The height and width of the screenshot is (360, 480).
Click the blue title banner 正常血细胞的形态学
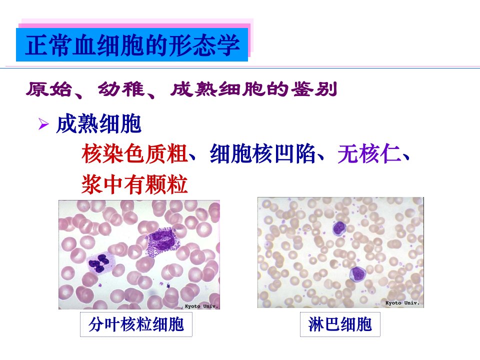[132, 44]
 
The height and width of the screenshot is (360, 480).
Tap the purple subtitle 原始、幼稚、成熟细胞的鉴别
[181, 89]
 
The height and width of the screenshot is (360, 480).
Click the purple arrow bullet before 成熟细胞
[43, 124]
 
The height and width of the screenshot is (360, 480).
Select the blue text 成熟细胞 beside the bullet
[98, 123]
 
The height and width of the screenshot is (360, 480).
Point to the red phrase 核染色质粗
[134, 153]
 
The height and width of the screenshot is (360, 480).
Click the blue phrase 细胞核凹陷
[262, 153]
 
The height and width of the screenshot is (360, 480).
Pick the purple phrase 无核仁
[369, 153]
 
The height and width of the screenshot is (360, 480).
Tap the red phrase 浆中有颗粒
[134, 184]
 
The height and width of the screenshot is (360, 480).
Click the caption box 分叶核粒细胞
[136, 324]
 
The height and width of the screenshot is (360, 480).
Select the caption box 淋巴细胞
[340, 324]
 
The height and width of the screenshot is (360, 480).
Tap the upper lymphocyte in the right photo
[339, 228]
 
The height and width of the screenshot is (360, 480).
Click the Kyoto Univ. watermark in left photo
[201, 306]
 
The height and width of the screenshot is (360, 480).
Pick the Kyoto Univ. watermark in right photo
[402, 303]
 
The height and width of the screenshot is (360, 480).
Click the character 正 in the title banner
[36, 45]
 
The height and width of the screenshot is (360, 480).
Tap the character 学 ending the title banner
[228, 45]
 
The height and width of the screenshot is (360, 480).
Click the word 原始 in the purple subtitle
[48, 89]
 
